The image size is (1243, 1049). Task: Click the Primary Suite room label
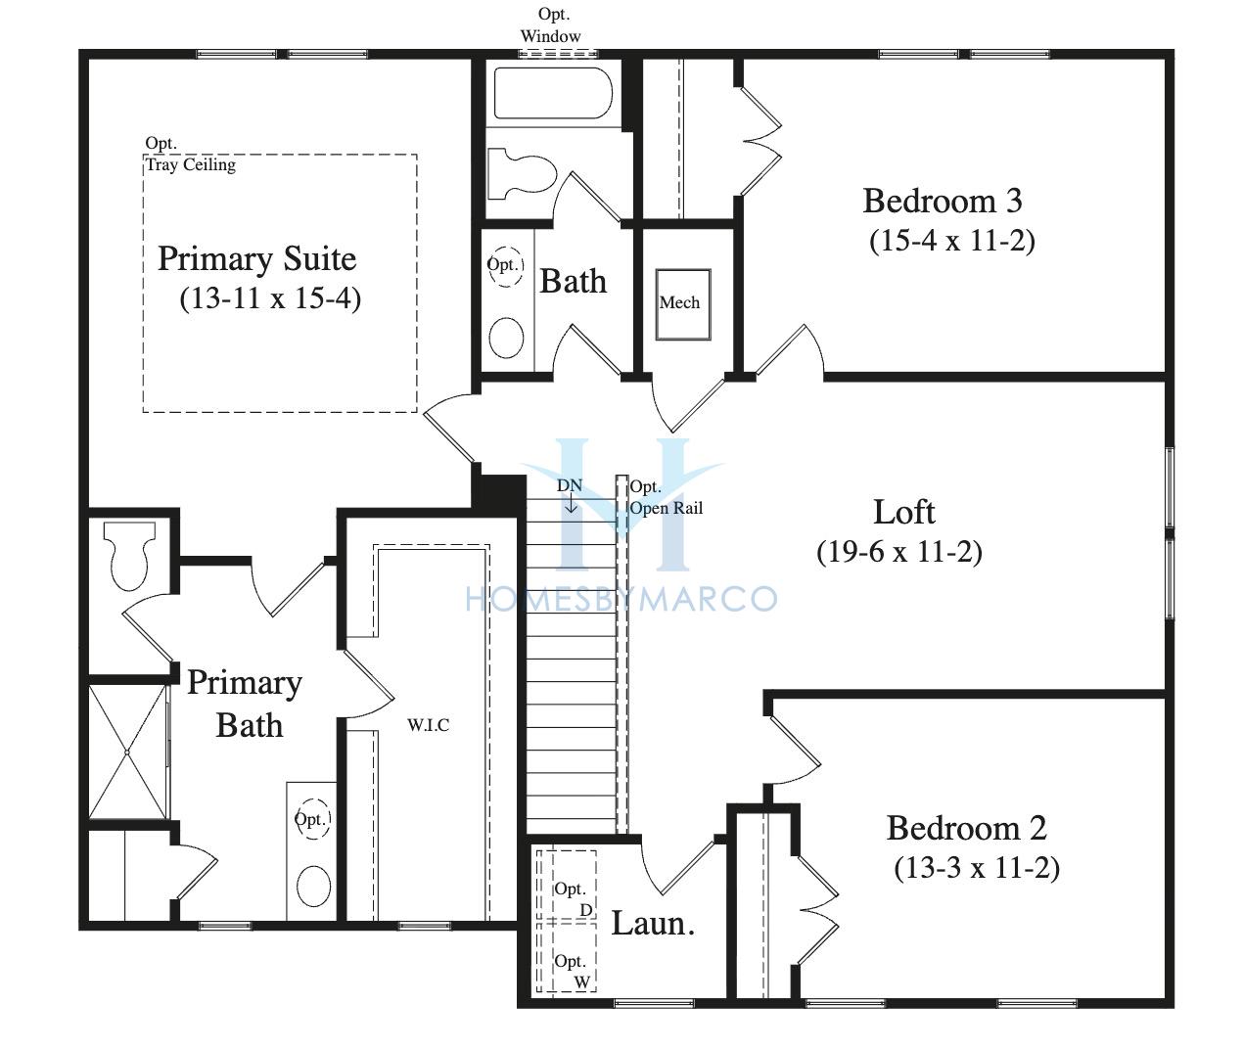[x=256, y=259]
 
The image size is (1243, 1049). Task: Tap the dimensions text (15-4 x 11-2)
[x=952, y=241]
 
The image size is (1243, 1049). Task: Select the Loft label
[x=903, y=512]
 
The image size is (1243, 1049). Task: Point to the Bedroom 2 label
[x=966, y=828]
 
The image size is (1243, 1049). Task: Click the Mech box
[x=683, y=304]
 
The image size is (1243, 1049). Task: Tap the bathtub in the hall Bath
[x=553, y=94]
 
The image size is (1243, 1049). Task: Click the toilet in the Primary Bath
[x=129, y=555]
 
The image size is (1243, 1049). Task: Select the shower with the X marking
[x=127, y=752]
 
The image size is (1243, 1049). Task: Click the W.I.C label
[x=428, y=725]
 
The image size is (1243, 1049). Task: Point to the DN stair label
[x=569, y=485]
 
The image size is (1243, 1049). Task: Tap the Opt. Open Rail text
[x=666, y=498]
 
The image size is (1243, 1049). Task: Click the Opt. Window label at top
[x=551, y=25]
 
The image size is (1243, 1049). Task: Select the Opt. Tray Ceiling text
[x=191, y=155]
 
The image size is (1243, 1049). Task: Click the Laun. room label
[x=653, y=924]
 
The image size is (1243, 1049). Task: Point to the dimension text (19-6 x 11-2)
[x=898, y=552]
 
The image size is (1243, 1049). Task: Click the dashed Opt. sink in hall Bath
[x=505, y=266]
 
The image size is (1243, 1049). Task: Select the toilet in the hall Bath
[x=522, y=174]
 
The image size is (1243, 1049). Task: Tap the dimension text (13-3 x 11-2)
[x=977, y=867]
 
